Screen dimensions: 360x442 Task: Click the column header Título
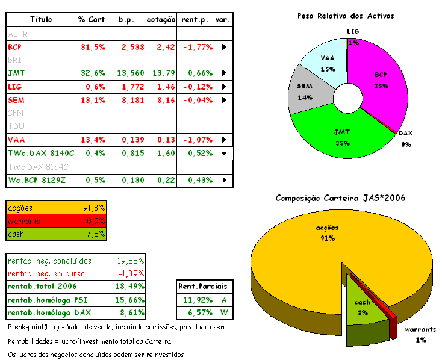click(x=41, y=20)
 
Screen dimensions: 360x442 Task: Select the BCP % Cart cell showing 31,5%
click(x=92, y=46)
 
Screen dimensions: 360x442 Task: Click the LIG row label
click(x=15, y=87)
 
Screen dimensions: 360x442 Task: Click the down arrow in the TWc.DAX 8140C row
click(x=224, y=153)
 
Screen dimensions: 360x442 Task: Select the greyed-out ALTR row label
click(x=17, y=34)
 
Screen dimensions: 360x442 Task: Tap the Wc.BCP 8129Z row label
click(x=37, y=180)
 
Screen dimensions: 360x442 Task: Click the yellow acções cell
click(x=42, y=208)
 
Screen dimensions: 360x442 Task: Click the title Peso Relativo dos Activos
click(x=345, y=16)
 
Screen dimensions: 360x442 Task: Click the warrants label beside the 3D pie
click(x=420, y=330)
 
